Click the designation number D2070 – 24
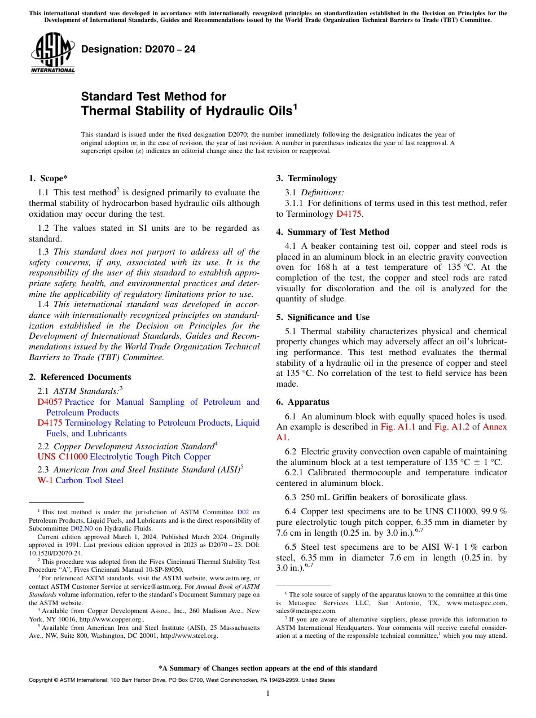(138, 49)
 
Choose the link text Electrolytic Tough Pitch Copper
(150, 457)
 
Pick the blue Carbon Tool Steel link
(89, 480)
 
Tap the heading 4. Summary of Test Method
(332, 232)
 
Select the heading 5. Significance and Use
(323, 317)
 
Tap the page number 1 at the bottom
(268, 693)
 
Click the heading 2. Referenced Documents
(80, 377)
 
